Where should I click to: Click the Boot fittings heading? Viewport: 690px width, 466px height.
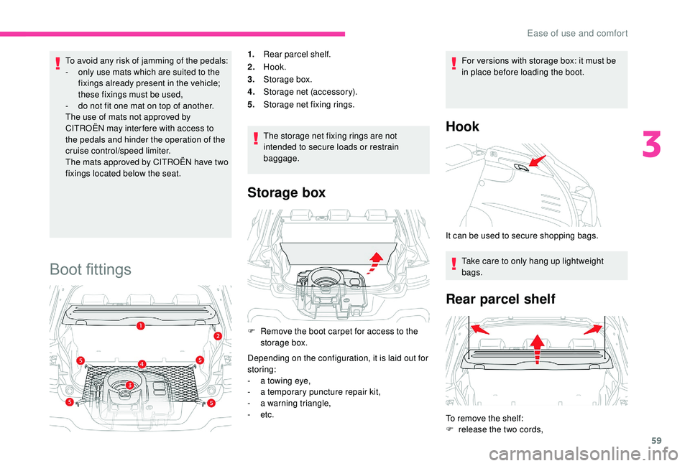(x=90, y=269)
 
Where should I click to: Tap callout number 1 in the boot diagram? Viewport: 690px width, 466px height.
(x=141, y=326)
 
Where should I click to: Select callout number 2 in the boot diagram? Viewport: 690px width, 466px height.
(x=217, y=335)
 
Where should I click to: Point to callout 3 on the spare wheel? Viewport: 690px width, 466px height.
(x=130, y=386)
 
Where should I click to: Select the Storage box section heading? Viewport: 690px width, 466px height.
(x=286, y=192)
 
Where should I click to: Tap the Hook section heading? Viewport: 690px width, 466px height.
(x=463, y=126)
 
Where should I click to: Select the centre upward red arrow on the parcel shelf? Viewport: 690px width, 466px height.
(x=536, y=350)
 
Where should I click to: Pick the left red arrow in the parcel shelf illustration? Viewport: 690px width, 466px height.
(x=478, y=330)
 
